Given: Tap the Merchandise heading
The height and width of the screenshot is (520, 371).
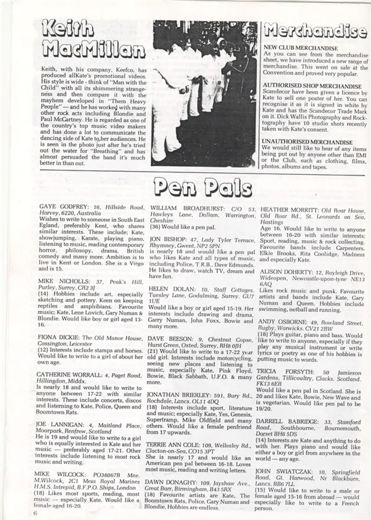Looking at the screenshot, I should pyautogui.click(x=315, y=31).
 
